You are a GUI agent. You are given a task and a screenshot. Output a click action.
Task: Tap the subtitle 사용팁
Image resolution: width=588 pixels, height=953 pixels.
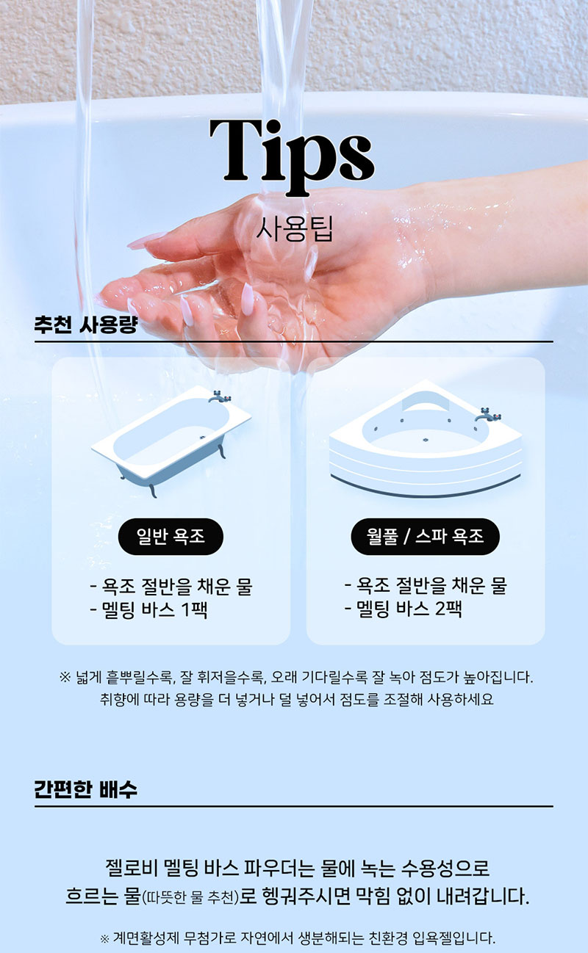click(294, 228)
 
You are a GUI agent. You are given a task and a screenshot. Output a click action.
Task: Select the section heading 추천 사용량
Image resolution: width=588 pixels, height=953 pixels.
click(85, 325)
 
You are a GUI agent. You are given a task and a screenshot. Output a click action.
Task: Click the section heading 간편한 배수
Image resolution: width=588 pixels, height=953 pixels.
click(85, 789)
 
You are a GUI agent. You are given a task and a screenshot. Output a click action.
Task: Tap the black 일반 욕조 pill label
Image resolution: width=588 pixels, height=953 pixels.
click(171, 536)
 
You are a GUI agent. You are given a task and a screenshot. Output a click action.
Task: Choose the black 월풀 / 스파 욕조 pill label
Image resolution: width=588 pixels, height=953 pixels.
click(425, 536)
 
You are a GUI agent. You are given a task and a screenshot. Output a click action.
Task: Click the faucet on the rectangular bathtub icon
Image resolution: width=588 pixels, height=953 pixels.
click(220, 396)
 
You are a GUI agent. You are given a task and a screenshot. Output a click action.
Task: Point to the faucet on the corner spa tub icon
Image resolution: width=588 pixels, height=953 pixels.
click(488, 414)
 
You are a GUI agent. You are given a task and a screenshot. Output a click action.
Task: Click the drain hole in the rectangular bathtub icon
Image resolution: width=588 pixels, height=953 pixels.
click(203, 436)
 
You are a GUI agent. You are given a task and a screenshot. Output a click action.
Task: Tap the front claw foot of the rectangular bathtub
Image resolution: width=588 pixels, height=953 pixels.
click(151, 490)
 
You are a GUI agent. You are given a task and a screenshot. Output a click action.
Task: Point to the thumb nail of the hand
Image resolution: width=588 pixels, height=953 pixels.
click(248, 300)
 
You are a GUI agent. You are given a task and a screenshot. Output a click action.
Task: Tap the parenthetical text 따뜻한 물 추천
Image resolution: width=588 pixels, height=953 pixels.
click(190, 898)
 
